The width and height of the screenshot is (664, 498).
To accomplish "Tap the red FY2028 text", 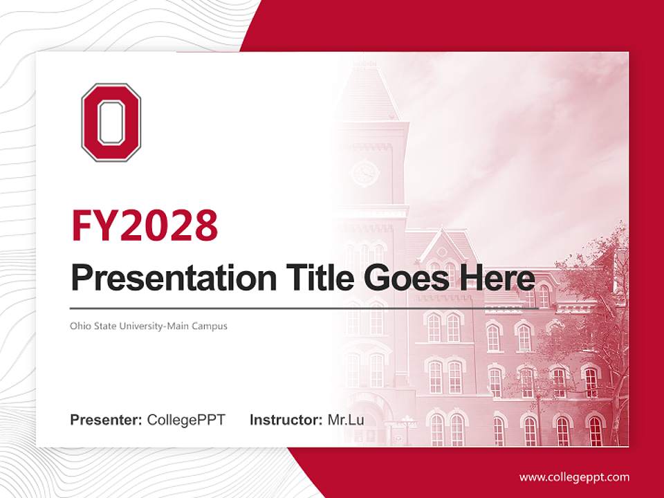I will [x=145, y=225].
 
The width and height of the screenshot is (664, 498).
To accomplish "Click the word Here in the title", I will [x=494, y=279].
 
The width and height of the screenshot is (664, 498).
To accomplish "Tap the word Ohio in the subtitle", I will [x=80, y=325].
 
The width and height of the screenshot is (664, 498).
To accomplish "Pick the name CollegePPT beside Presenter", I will [x=186, y=420].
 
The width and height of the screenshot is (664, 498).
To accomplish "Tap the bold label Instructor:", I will [x=286, y=420].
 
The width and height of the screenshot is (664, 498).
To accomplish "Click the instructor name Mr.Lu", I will [x=346, y=420].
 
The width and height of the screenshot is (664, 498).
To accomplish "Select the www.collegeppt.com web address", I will [x=574, y=477].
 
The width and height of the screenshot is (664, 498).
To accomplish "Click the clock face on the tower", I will [x=365, y=172].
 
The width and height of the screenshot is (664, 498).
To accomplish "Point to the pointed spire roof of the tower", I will [x=365, y=90].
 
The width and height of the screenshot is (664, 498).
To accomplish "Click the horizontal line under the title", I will [x=304, y=308].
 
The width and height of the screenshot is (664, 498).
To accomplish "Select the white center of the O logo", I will [x=111, y=122].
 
